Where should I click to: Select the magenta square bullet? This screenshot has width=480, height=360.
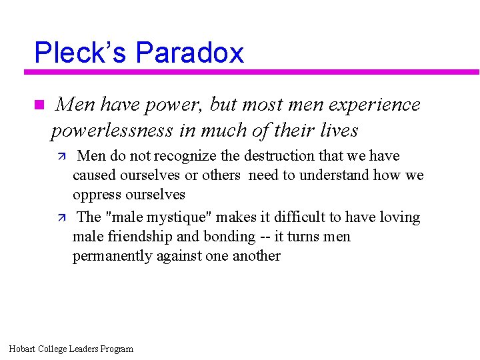38,105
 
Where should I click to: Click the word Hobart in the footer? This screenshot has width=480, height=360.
23,349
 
